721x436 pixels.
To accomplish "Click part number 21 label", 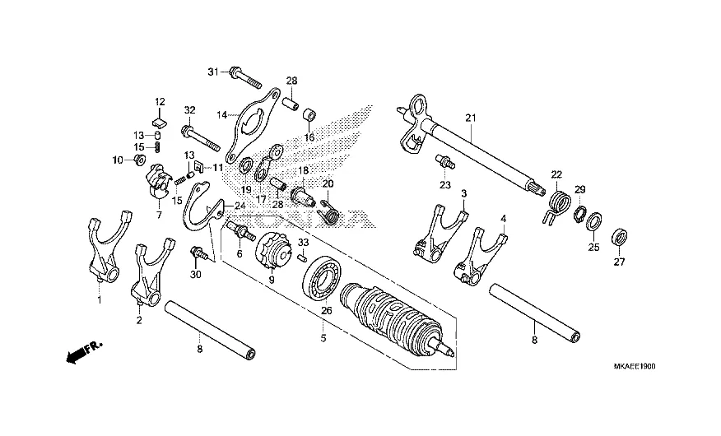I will [471, 118].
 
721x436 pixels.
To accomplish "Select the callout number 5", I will [323, 336].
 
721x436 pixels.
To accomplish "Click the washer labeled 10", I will [138, 159].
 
